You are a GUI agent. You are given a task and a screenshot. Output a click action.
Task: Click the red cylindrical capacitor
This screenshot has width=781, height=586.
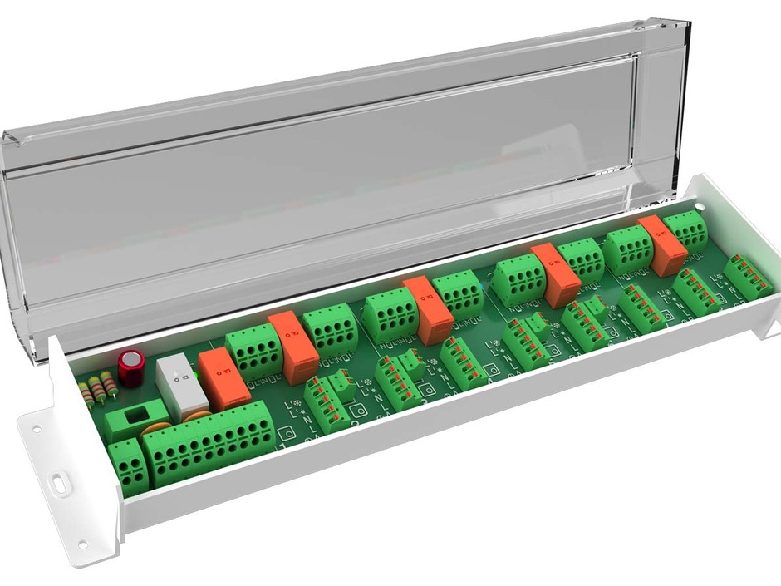(130, 367)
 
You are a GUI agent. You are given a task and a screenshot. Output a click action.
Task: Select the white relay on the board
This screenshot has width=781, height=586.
(181, 387)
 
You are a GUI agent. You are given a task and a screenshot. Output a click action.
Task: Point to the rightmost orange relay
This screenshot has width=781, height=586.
(662, 245)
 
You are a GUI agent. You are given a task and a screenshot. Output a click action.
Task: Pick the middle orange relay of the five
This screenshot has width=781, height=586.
(429, 310)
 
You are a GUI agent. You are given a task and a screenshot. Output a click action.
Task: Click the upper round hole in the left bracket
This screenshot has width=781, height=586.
(36, 431)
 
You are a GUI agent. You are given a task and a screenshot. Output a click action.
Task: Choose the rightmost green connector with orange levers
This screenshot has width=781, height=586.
(748, 275)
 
